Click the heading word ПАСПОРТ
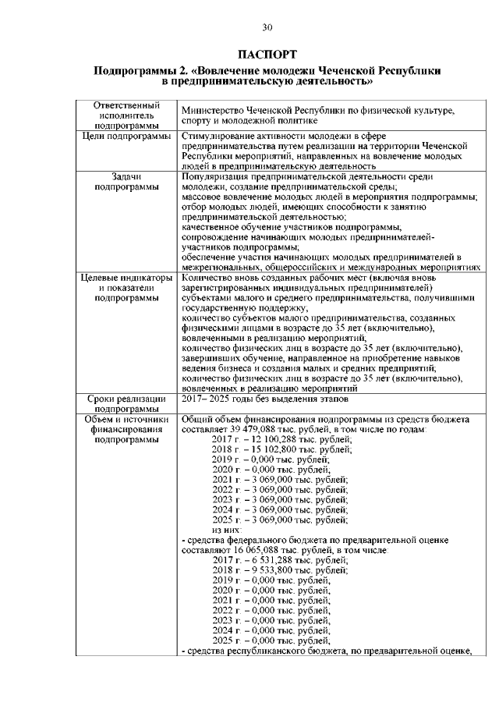(267, 55)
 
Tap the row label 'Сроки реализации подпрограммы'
(126, 403)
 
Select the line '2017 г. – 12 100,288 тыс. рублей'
(281, 440)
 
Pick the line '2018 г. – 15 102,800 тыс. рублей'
(281, 450)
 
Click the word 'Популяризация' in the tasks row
(215, 177)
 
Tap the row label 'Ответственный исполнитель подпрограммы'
(126, 115)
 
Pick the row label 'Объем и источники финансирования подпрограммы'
(126, 429)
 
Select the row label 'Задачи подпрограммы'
(126, 182)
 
